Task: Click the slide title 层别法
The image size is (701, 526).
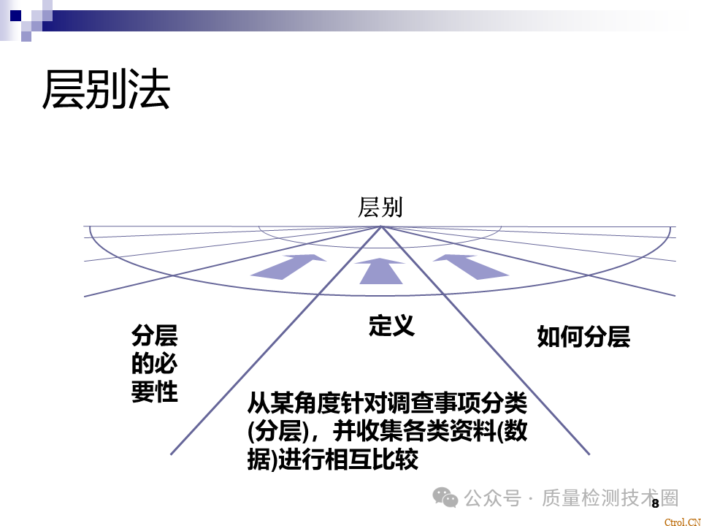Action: coord(106,89)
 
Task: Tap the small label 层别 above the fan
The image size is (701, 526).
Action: coord(380,207)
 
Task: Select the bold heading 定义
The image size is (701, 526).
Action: coord(391,325)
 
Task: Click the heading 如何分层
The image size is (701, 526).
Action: coord(583,337)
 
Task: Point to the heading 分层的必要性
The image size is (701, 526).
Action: coord(155,364)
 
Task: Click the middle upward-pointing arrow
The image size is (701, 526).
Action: coord(380,271)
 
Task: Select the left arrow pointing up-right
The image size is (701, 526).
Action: coord(288,267)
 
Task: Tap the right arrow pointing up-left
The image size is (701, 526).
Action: coord(471,267)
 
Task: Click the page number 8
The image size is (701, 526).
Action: coord(655,503)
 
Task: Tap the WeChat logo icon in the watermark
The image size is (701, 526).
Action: coord(445,498)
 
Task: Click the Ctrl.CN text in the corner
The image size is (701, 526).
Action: coord(683,522)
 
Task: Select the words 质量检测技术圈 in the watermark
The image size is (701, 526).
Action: coord(610,498)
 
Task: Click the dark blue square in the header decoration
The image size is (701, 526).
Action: coord(15,15)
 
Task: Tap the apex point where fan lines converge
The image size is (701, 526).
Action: coord(381,226)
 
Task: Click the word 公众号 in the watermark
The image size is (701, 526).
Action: coord(492,498)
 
